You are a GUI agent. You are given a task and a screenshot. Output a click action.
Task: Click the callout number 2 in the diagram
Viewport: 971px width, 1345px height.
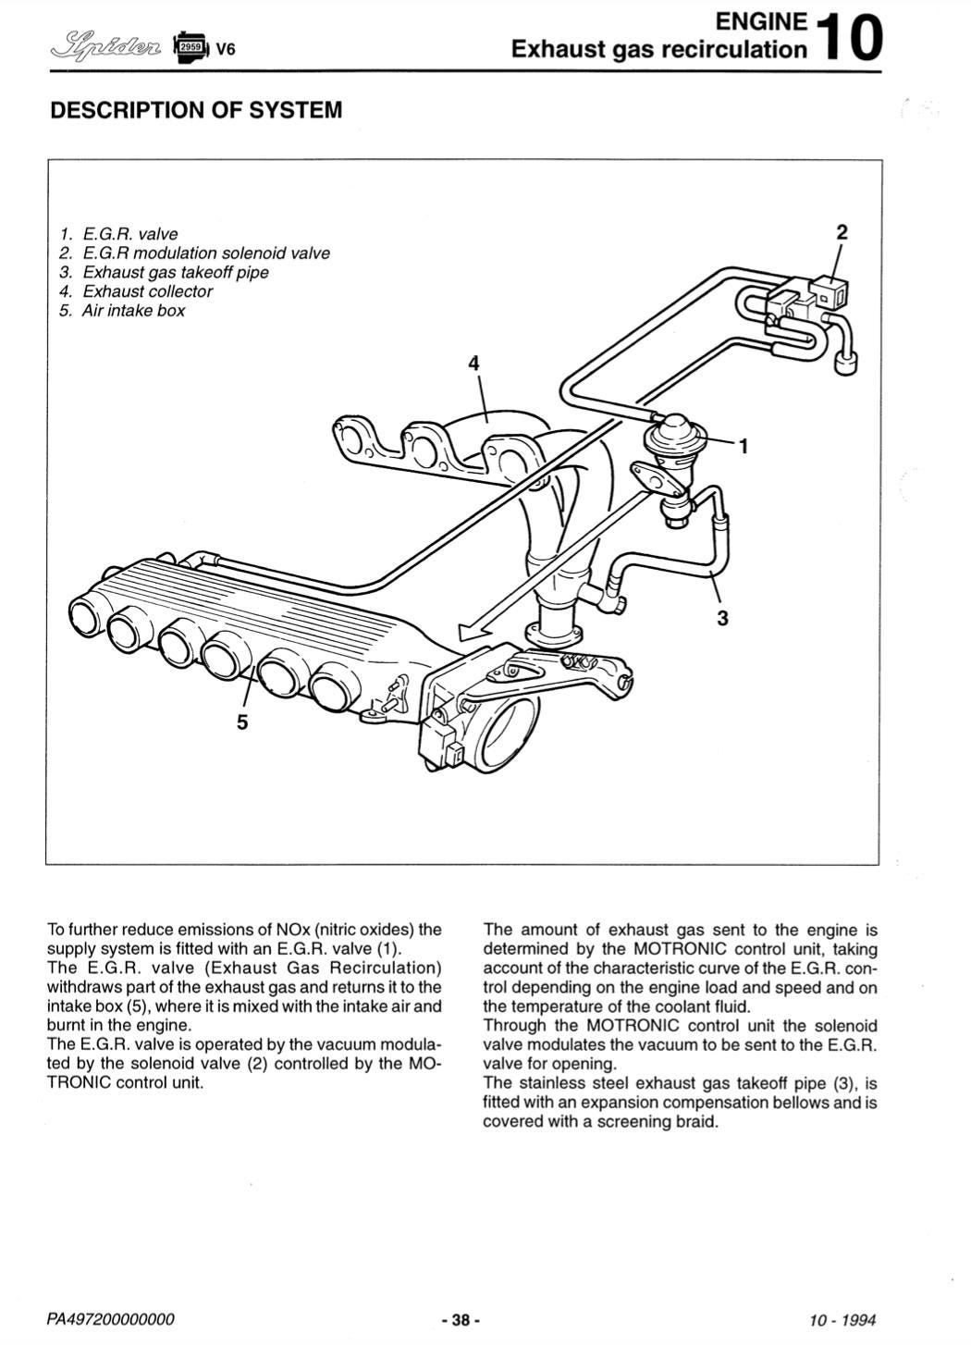(841, 232)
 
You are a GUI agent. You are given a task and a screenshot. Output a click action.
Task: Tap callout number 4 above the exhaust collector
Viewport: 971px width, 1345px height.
(474, 363)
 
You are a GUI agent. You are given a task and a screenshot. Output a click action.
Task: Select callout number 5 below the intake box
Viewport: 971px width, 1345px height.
(242, 722)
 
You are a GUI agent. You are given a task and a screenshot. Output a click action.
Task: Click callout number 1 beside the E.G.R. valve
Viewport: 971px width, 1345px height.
(743, 447)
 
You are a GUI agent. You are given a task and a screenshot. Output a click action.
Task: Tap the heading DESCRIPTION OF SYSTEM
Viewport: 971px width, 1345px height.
(196, 110)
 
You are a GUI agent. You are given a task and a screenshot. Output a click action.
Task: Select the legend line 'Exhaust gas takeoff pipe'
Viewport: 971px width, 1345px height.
(175, 272)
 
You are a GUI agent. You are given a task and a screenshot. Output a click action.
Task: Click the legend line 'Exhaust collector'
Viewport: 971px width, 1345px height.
(147, 291)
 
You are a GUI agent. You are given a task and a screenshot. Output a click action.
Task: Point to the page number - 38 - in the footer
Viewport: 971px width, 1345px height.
(461, 1319)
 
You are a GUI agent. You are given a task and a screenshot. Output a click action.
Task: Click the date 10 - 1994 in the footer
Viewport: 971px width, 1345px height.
(842, 1319)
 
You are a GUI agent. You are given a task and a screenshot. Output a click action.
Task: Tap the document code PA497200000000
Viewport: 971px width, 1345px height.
(110, 1319)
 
